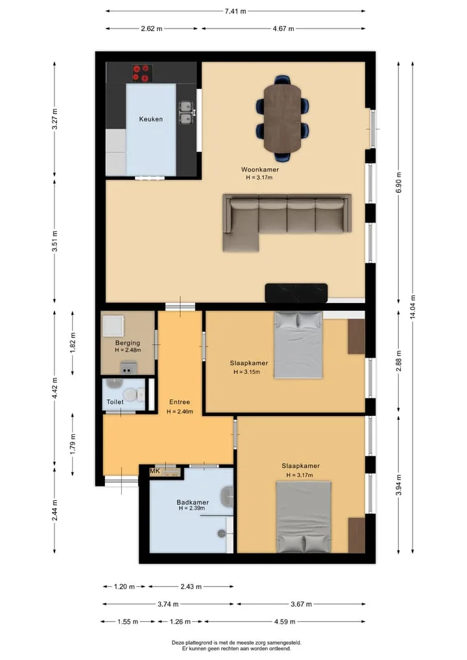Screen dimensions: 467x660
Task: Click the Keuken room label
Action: (x=150, y=119)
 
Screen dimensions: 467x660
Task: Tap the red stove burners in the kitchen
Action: (x=142, y=73)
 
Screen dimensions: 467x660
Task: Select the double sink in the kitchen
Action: (x=186, y=113)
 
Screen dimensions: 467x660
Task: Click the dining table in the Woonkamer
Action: (x=282, y=117)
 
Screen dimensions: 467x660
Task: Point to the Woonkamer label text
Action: (x=259, y=169)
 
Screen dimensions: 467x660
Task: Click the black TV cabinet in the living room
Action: (x=296, y=293)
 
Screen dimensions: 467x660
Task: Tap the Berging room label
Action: (x=128, y=343)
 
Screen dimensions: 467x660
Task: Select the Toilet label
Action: (x=115, y=402)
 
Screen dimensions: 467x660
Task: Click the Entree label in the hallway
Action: (x=180, y=402)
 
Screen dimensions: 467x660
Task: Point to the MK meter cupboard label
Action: (x=155, y=471)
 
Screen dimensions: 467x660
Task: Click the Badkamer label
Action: (x=193, y=502)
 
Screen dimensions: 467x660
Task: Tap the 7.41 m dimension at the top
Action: (x=235, y=12)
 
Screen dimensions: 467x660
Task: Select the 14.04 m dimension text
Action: (x=413, y=307)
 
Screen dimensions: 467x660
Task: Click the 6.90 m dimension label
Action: (x=399, y=182)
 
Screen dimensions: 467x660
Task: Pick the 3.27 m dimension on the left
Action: (x=54, y=119)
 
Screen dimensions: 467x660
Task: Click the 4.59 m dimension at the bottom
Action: (x=284, y=622)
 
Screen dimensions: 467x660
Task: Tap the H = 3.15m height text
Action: (x=247, y=372)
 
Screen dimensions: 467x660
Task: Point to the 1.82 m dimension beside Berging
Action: (x=73, y=343)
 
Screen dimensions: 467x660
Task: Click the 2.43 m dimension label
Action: (x=191, y=586)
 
